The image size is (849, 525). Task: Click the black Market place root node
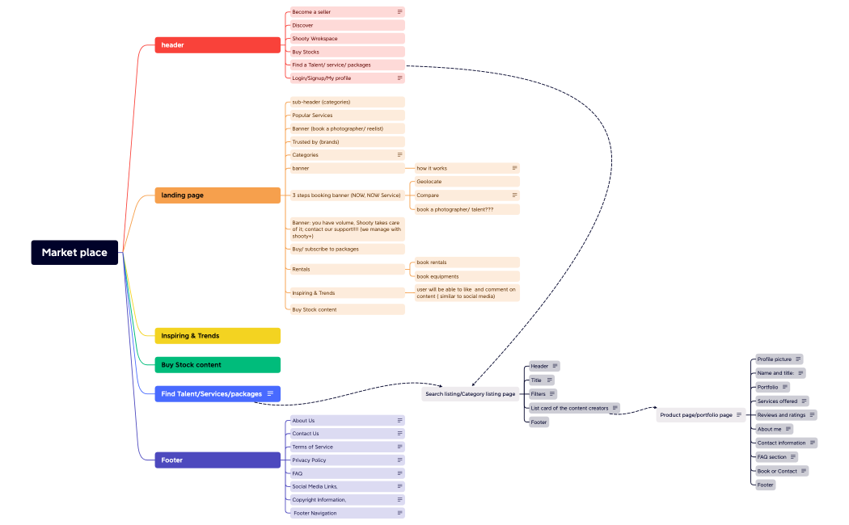point(74,253)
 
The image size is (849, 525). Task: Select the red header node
point(218,45)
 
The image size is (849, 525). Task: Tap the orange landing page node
point(218,195)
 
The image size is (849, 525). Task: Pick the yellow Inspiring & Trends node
point(218,336)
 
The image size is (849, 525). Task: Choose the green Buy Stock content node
point(218,365)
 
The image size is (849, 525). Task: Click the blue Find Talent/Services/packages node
point(218,393)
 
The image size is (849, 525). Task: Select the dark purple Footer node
point(218,460)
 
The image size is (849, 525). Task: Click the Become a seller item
point(348,12)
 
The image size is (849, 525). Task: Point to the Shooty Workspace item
point(348,39)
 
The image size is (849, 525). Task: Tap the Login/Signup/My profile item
point(348,78)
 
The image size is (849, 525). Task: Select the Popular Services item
point(348,115)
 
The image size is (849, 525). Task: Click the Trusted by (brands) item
point(348,141)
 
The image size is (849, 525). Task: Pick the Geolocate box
point(467,182)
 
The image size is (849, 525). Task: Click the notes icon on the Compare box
point(514,195)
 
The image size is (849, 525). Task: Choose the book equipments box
point(467,276)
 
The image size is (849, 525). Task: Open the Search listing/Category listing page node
point(471,393)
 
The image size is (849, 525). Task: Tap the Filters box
point(543,393)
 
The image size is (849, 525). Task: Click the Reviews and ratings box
point(786,414)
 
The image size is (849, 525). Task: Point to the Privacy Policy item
point(348,460)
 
